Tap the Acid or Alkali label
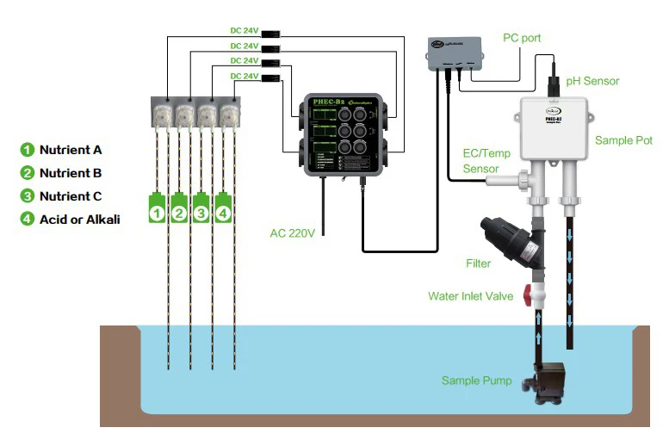click(x=79, y=219)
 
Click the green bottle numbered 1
click(x=157, y=208)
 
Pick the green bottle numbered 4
click(x=224, y=208)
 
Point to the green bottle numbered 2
click(x=179, y=208)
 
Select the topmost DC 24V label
click(x=244, y=30)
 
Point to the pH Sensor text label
click(x=592, y=81)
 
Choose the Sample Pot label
click(x=623, y=139)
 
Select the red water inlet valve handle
click(x=523, y=295)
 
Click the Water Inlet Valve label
click(x=470, y=296)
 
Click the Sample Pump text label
click(x=476, y=380)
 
